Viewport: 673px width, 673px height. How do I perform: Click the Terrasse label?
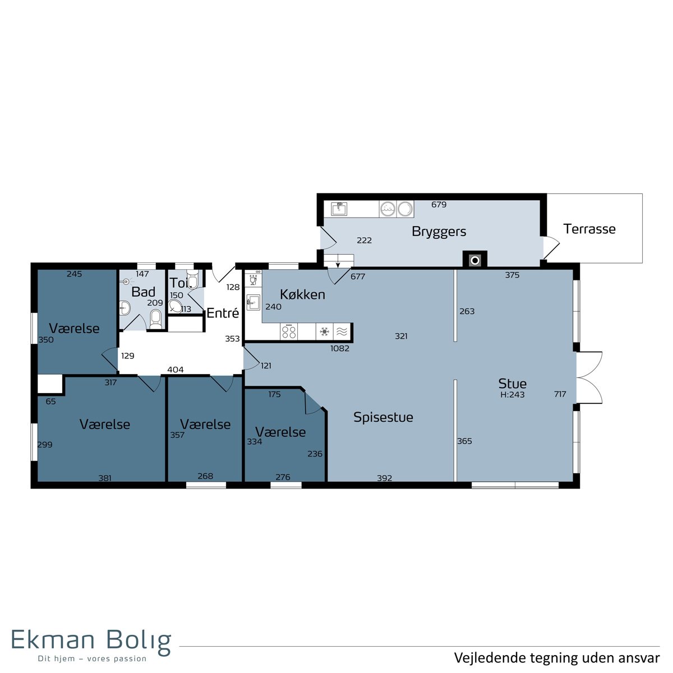[x=589, y=229]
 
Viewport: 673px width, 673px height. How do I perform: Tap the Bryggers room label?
[x=439, y=232]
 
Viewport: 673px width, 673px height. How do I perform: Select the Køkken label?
[x=302, y=295]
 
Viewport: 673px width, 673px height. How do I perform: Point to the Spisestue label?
[x=383, y=417]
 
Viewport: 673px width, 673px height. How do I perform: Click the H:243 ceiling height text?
[x=513, y=395]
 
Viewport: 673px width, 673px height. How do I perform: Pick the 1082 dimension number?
[x=339, y=348]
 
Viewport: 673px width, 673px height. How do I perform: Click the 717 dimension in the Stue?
[x=560, y=394]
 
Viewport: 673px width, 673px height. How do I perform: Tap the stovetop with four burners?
[x=289, y=331]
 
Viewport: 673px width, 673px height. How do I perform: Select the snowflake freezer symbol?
[x=325, y=332]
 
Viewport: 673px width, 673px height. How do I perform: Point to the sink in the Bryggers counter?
[x=339, y=209]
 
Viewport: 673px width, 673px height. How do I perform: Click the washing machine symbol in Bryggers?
[x=388, y=209]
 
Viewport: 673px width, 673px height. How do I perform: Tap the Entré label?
[x=223, y=313]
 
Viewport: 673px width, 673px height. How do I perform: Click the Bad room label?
[x=143, y=292]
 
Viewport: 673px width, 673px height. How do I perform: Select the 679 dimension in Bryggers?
[x=439, y=205]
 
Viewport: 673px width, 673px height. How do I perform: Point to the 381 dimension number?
[x=105, y=478]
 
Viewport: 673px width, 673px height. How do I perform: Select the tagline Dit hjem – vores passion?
[x=92, y=659]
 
